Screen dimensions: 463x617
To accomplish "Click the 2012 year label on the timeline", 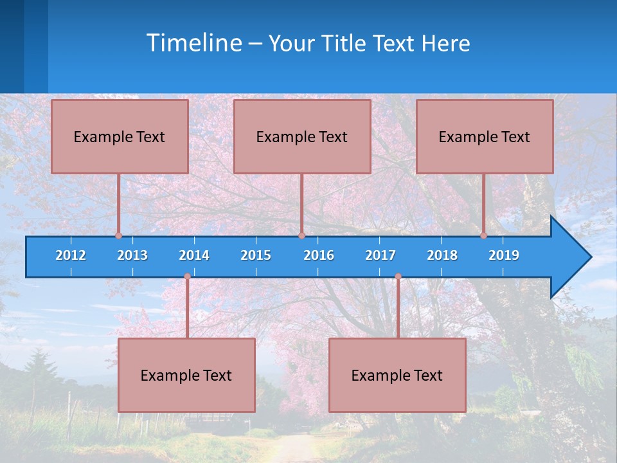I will click(71, 255).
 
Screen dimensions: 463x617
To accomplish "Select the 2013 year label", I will click(132, 255).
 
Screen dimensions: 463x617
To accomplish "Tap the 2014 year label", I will click(194, 255).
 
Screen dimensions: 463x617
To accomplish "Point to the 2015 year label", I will click(256, 255).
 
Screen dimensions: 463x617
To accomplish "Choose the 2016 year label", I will click(319, 255).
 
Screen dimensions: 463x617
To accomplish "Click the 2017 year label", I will click(380, 255).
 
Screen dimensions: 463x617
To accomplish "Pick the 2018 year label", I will click(442, 255).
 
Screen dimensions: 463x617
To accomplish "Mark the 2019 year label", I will click(504, 255).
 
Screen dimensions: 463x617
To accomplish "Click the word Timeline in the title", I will click(193, 43).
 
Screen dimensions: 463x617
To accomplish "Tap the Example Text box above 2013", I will click(120, 136).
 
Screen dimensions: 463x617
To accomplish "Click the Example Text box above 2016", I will click(302, 136).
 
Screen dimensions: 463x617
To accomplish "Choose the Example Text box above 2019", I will click(485, 136).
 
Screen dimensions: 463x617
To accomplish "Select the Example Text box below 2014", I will click(186, 375).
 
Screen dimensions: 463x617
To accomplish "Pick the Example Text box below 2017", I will click(397, 375).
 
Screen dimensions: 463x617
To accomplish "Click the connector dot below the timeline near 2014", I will click(187, 277).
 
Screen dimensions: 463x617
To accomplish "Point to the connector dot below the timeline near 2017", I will click(398, 277).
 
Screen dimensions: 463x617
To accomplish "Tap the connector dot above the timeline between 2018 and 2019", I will click(484, 235).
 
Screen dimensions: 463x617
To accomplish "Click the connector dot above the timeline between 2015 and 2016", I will click(301, 235).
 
